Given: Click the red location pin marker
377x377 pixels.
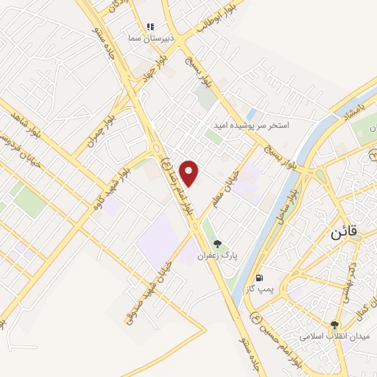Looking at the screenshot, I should (190, 173).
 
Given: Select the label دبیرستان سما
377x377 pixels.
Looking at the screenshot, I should (150, 38).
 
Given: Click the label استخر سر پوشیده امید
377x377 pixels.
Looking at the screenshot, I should (253, 126).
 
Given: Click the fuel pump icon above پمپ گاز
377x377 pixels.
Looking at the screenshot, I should (260, 278).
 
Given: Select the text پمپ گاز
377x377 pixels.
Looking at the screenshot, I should (260, 290).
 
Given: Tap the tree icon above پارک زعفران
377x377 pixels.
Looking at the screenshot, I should (217, 244).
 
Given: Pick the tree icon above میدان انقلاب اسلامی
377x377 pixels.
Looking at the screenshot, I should (335, 325).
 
